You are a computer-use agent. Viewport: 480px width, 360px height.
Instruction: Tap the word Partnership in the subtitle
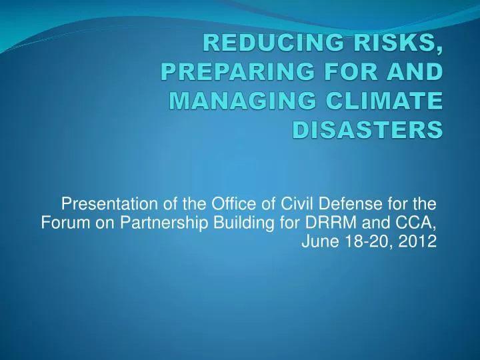[x=159, y=222]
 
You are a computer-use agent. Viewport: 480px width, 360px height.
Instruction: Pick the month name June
[x=317, y=241]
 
